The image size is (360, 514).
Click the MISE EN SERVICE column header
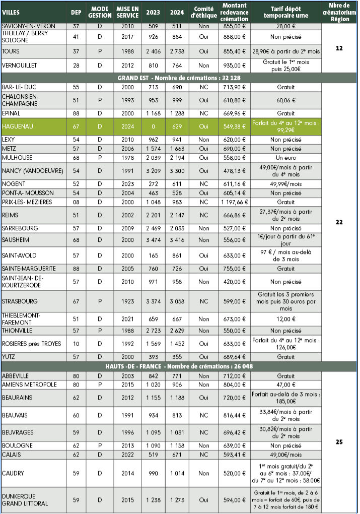[x=127, y=12]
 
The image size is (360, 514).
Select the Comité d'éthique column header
[x=204, y=12]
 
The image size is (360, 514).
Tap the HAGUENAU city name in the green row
[x=17, y=126]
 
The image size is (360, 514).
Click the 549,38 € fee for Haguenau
[x=234, y=126]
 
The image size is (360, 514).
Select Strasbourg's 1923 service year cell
[x=127, y=301]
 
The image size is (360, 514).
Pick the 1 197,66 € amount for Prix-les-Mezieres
[x=234, y=202]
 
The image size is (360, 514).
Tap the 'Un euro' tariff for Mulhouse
[x=285, y=157]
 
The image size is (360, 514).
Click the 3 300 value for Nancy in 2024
[x=177, y=171]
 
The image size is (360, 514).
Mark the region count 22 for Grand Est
[x=339, y=222]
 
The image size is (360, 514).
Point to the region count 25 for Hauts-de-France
[x=339, y=442]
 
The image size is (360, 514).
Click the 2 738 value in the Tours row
[x=177, y=51]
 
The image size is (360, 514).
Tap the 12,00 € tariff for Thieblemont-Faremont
[x=285, y=319]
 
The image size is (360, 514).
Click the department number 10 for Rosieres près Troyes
[x=76, y=344]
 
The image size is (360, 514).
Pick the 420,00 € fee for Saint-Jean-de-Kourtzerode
[x=234, y=282]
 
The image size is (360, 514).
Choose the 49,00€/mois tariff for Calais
[x=285, y=455]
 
